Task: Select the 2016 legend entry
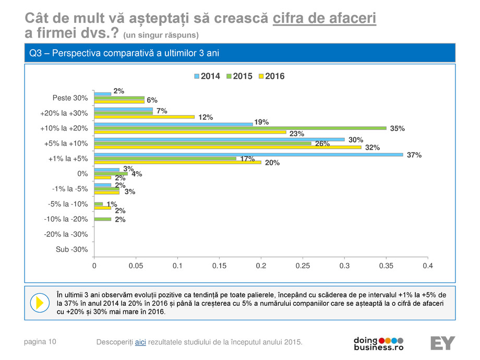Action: (x=271, y=76)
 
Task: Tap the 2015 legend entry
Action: (x=239, y=76)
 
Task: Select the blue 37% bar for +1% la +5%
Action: (x=248, y=154)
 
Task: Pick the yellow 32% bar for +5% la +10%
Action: (x=227, y=147)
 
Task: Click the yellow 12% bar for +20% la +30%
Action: (x=144, y=117)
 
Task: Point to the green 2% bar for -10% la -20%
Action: (x=102, y=219)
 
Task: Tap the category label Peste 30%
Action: (x=70, y=98)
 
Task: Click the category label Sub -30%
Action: (x=71, y=249)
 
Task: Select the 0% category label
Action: (x=82, y=174)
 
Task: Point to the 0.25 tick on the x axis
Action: (x=303, y=266)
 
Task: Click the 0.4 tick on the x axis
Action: (x=428, y=266)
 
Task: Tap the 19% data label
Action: (x=261, y=122)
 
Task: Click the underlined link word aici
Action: (x=140, y=342)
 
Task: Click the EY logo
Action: (x=442, y=343)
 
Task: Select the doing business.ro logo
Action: (x=379, y=343)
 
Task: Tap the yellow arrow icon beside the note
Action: (x=39, y=302)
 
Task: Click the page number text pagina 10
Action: (x=40, y=342)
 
